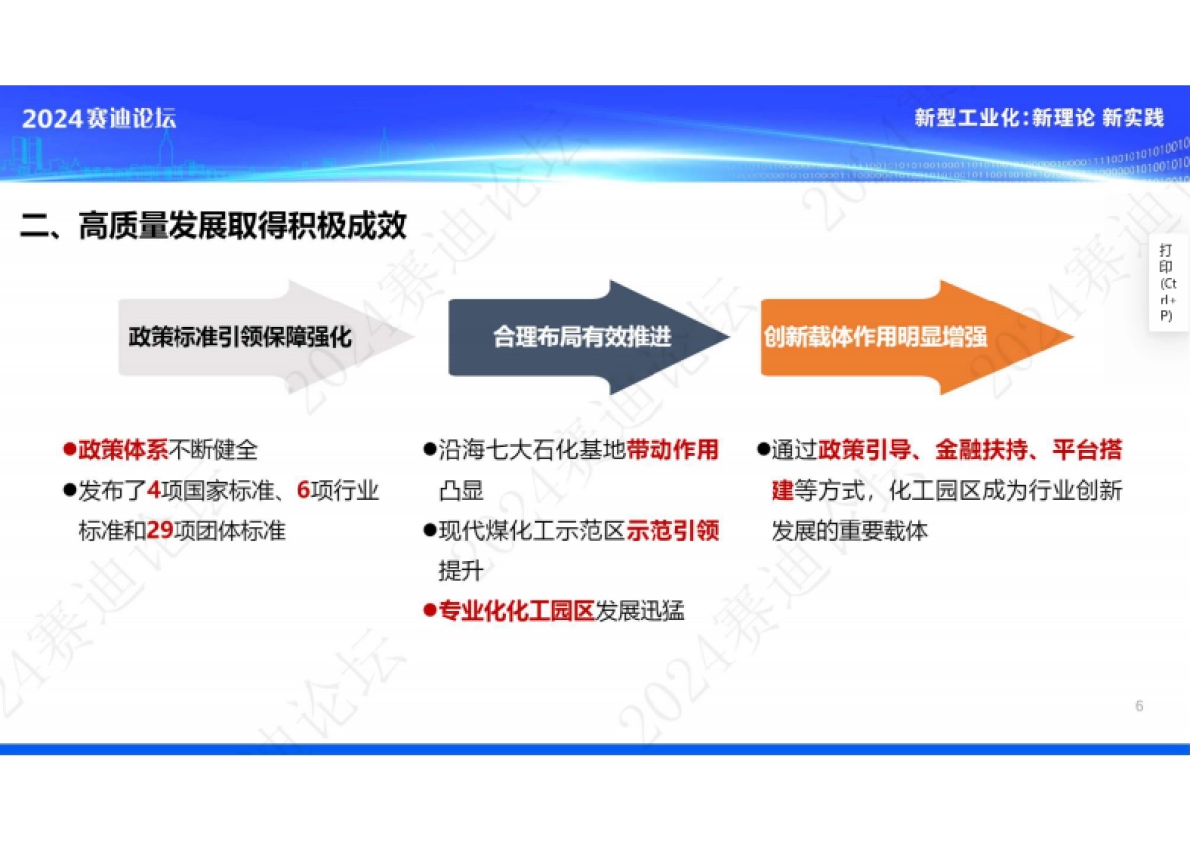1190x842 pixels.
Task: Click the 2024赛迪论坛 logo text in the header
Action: (98, 119)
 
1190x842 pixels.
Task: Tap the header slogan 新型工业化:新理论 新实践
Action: (1038, 118)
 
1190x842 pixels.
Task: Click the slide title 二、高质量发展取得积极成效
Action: (213, 226)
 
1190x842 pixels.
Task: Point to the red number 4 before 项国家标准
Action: (154, 490)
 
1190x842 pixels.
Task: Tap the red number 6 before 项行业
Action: (303, 490)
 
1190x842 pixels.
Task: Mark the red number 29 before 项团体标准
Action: (160, 531)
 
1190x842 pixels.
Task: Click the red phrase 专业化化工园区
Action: (516, 611)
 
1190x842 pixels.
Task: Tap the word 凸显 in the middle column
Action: (460, 490)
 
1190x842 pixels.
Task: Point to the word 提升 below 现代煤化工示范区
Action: (460, 571)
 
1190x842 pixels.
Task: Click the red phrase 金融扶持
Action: (981, 450)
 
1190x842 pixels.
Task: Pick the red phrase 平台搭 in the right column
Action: (1087, 450)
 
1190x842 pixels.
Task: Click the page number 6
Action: (1139, 706)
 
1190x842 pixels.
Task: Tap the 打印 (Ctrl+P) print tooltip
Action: (1168, 283)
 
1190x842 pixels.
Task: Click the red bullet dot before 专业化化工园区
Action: (429, 611)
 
